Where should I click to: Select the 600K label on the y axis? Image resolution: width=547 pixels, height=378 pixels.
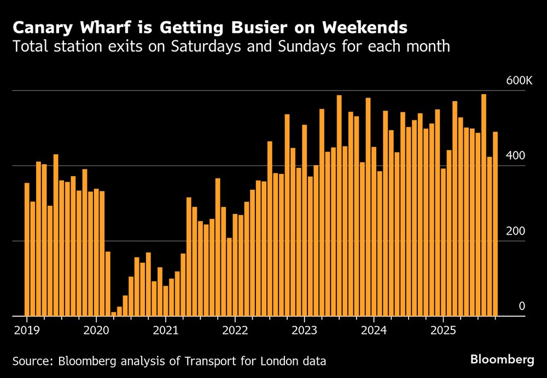click(519, 80)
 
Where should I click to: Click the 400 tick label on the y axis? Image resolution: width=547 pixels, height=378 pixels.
click(515, 156)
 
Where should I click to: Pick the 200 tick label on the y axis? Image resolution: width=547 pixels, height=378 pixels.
click(515, 231)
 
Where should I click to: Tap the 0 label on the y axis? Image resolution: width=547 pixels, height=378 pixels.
click(521, 306)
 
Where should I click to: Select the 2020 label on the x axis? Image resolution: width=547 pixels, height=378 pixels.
click(96, 330)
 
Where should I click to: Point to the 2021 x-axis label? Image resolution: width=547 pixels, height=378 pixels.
click(165, 330)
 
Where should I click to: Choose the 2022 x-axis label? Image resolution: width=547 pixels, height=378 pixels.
click(235, 330)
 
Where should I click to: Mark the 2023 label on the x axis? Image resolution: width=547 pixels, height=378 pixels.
click(304, 330)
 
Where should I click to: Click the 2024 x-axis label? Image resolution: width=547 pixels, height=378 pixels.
click(374, 330)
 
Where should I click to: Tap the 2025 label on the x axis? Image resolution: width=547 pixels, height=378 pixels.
click(443, 330)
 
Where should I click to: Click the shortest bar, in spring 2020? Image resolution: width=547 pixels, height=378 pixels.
click(114, 314)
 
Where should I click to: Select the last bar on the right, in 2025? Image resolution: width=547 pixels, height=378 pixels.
click(496, 224)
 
